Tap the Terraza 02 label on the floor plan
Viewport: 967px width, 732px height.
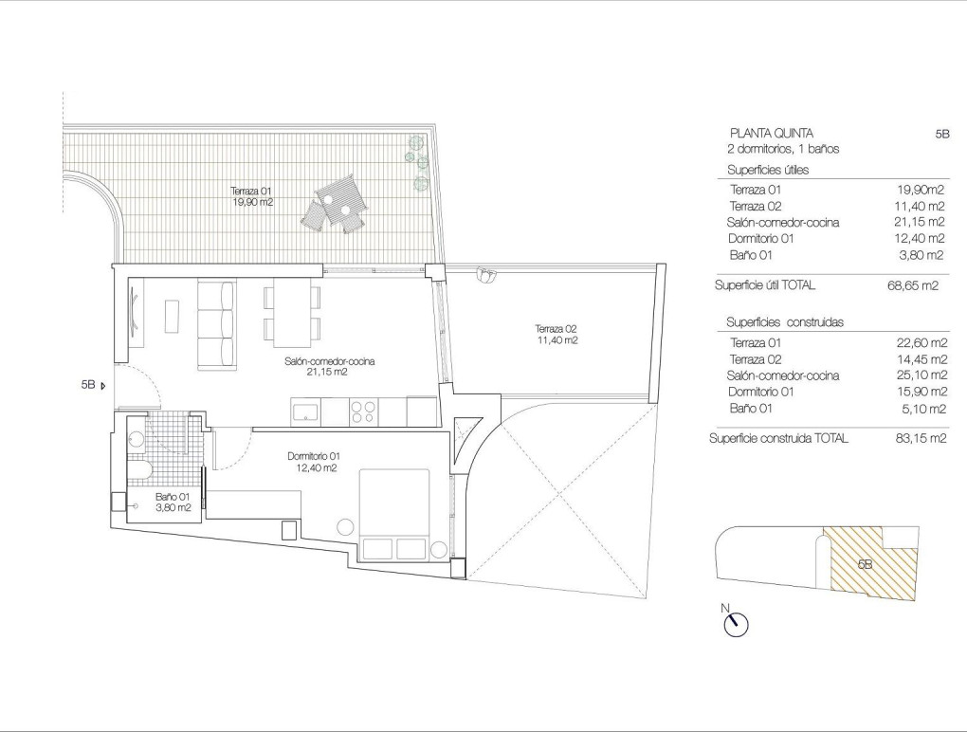pos(556,334)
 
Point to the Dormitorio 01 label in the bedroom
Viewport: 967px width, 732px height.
pos(313,462)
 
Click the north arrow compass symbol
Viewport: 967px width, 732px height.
pos(734,622)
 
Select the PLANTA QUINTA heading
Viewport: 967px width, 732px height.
pos(771,134)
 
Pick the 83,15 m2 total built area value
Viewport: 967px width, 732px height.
pos(918,438)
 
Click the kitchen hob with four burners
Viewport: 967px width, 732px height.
pos(363,412)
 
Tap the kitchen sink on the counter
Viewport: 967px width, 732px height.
pos(306,412)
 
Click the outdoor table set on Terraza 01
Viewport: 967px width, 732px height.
pos(339,201)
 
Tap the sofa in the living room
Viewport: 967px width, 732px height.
pos(215,324)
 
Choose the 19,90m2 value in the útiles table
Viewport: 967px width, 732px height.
pos(918,190)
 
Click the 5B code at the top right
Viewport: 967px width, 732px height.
pos(941,135)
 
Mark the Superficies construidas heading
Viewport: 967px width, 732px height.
pos(784,322)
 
